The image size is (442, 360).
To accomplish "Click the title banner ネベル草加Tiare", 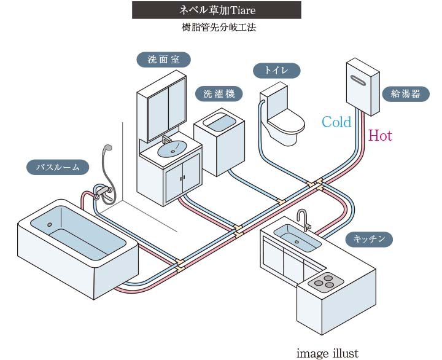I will click(217, 10).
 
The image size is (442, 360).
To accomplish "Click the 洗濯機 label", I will click(219, 93).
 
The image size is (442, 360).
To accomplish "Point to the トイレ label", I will click(276, 71).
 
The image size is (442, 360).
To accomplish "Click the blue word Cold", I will click(336, 122).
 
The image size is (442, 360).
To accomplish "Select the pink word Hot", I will click(380, 136).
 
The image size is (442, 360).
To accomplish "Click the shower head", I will click(107, 149).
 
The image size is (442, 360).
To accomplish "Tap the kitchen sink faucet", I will click(303, 218).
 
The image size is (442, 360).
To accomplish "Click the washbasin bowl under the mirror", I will click(172, 147).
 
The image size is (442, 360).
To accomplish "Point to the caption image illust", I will click(327, 353).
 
